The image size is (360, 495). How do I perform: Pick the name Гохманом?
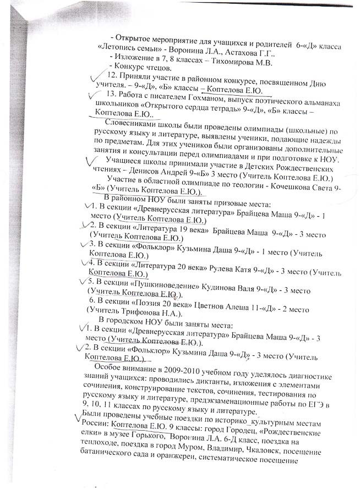pos(201,95)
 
